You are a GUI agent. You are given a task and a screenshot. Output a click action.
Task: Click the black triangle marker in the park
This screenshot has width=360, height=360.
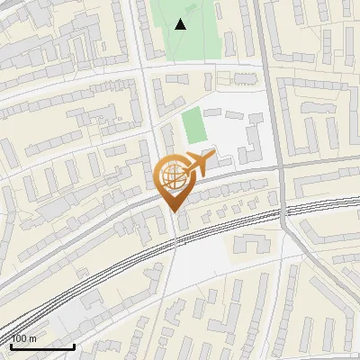tap(181, 24)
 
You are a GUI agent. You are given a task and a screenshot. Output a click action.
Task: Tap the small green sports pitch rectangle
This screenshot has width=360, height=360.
tap(193, 126)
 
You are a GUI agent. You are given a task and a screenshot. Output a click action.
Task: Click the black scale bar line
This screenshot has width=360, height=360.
tap(42, 346)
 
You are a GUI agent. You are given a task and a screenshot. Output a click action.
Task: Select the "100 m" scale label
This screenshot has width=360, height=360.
tap(24, 338)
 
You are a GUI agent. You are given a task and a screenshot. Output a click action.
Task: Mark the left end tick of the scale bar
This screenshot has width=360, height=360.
tap(12, 344)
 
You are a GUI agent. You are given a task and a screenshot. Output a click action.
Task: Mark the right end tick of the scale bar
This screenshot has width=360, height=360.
tap(74, 344)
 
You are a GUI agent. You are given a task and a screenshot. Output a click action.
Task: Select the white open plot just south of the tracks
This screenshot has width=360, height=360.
tap(202, 261)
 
